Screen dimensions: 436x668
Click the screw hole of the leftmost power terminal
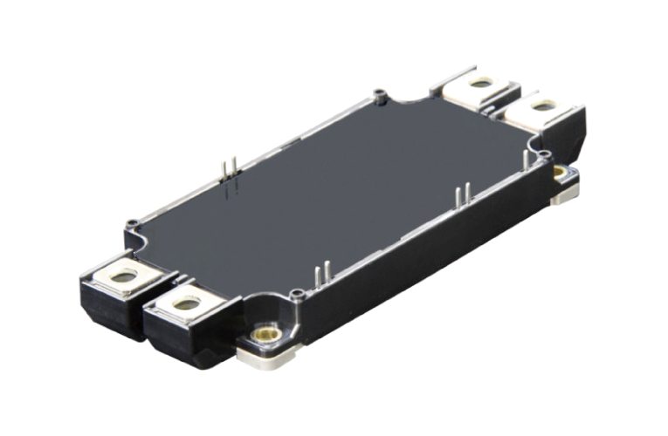(125, 276)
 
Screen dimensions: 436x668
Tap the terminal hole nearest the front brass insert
(186, 304)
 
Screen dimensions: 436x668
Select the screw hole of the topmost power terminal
(479, 83)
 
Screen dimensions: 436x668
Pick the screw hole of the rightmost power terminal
(541, 106)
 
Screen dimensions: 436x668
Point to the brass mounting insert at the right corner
(559, 172)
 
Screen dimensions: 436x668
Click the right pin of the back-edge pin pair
(232, 169)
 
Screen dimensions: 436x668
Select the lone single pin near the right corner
(524, 159)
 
